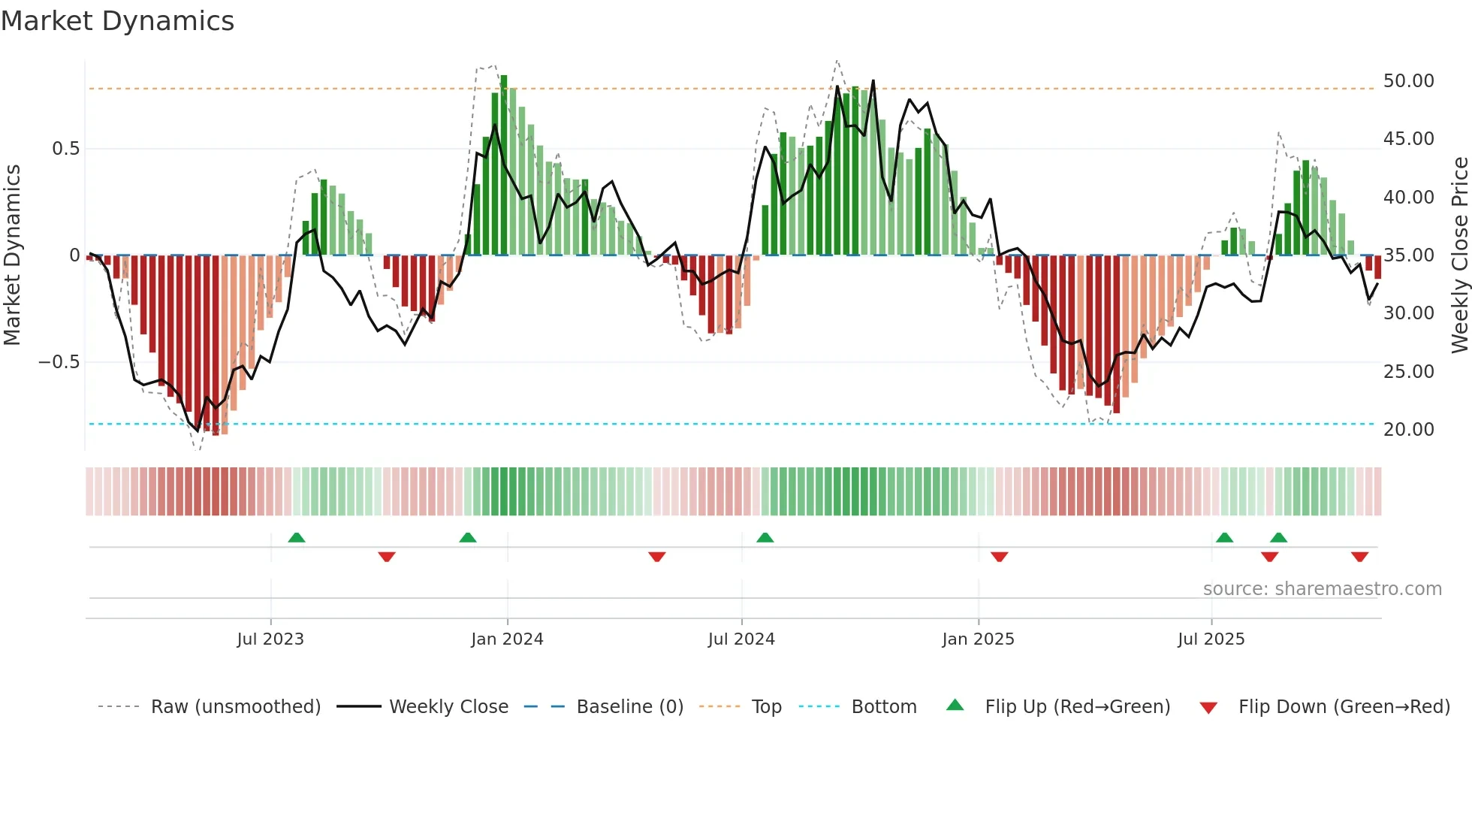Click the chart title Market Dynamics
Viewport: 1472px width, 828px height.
coord(118,21)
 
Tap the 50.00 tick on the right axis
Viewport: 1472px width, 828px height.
coord(1408,81)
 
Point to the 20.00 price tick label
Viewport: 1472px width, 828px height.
coord(1408,430)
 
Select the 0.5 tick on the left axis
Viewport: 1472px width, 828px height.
coord(65,149)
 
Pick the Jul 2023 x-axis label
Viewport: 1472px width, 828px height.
coord(270,639)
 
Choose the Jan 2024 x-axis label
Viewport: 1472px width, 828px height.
coord(507,639)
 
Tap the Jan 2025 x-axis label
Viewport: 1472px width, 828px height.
coord(978,639)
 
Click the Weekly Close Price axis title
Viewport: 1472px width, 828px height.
coord(1459,255)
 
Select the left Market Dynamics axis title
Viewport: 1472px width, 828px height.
coord(12,255)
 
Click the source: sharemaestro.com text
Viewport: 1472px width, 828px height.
coord(1322,589)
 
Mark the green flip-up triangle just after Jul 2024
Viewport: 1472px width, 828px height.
coord(765,538)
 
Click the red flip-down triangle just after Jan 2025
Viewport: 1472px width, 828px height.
coord(999,557)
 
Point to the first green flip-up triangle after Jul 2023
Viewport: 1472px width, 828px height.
coord(297,538)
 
